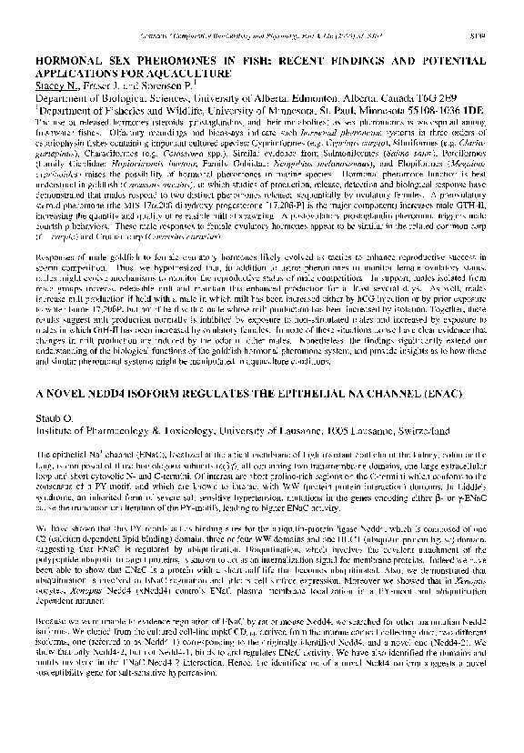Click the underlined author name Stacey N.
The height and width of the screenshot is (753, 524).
click(58, 80)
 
